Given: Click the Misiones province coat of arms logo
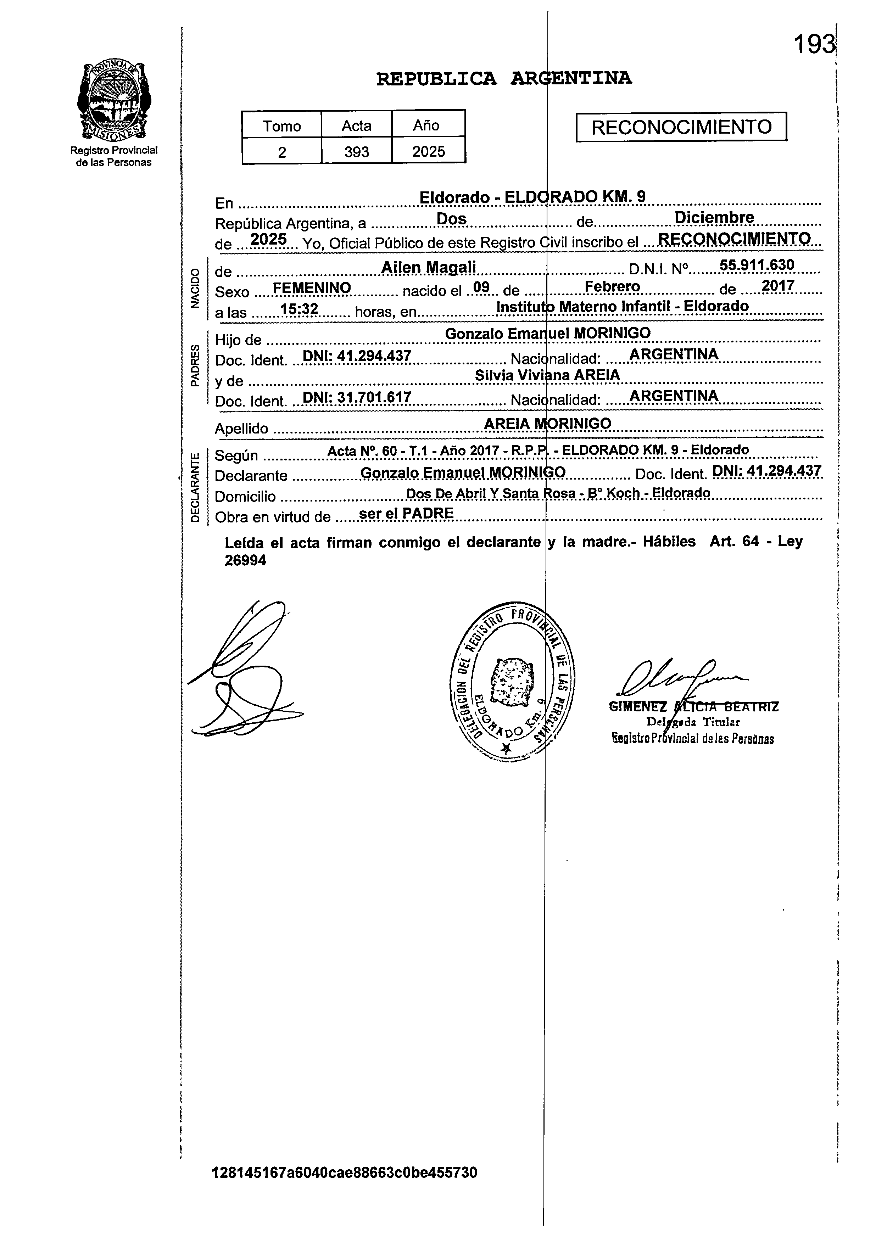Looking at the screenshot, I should click(x=114, y=101).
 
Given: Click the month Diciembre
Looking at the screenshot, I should click(x=714, y=218).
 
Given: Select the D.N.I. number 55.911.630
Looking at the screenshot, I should click(x=757, y=265).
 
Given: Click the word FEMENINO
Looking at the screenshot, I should click(x=312, y=287).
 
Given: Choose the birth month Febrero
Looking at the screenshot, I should click(x=612, y=286).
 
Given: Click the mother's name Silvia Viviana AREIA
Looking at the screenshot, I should click(x=547, y=375).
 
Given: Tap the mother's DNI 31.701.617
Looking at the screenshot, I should click(x=356, y=397).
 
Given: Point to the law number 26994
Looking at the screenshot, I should click(x=245, y=561).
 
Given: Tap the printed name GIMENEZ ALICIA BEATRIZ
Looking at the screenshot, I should click(x=693, y=707).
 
